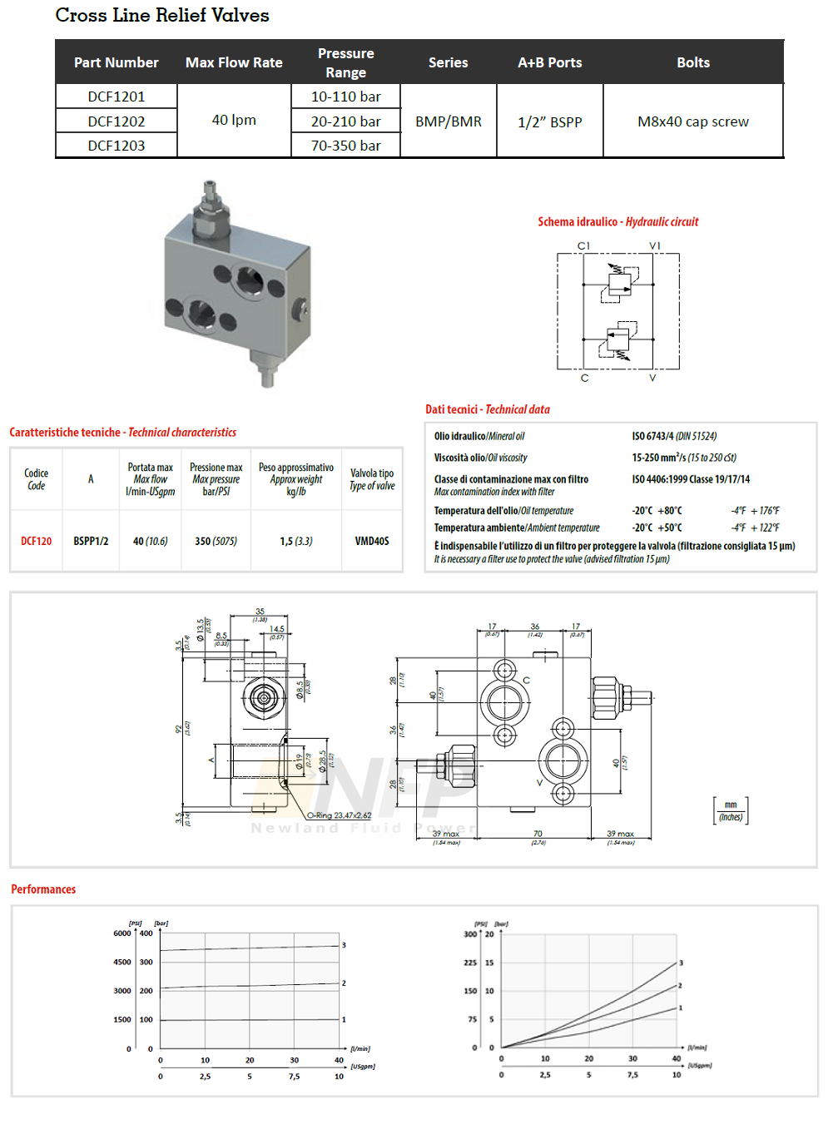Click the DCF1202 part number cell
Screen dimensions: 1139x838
coord(117,121)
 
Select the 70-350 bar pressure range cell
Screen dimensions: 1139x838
coord(345,146)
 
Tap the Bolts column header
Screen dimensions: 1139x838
coord(692,62)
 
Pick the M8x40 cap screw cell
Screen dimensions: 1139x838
coord(692,121)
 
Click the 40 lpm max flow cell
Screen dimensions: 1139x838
coord(234,120)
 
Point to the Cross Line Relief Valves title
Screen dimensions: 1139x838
coord(162,16)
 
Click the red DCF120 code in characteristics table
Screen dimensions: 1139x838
coord(37,541)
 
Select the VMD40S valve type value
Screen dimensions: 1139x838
coord(372,541)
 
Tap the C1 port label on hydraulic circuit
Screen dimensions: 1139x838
coord(583,245)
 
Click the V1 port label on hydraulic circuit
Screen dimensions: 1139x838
coord(655,245)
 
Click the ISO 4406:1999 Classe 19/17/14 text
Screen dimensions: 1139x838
coord(691,479)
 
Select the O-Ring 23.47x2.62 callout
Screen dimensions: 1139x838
coord(339,815)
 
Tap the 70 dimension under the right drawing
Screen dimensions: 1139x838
coord(538,834)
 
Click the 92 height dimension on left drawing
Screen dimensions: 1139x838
coord(178,729)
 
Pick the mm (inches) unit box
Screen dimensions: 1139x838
coord(731,810)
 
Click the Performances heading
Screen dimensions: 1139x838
coord(43,889)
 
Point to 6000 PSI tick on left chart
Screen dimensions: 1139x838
coord(122,933)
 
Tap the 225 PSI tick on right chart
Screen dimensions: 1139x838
coord(470,963)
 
